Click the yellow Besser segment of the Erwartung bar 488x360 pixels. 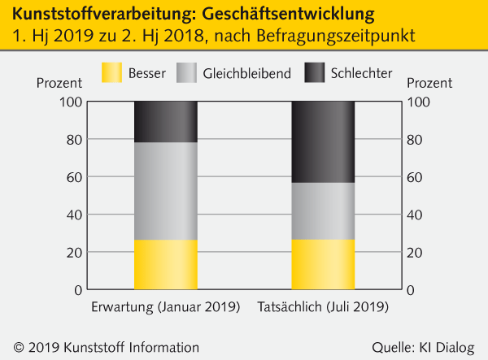click(165, 264)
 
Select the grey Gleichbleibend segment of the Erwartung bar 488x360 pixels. click(165, 191)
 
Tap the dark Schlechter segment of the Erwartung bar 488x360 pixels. click(165, 122)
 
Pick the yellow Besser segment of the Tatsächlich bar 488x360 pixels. click(323, 264)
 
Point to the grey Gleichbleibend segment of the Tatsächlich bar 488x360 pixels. click(323, 211)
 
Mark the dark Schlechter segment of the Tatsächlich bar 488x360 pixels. click(323, 142)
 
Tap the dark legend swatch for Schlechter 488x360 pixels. click(315, 73)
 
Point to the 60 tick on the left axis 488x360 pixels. click(73, 177)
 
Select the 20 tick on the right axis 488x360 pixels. click(415, 252)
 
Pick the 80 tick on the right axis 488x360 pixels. click(415, 140)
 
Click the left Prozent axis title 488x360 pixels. click(59, 82)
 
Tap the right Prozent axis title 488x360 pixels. click(429, 82)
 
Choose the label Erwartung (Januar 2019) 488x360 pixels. click(165, 308)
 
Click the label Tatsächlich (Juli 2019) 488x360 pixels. click(323, 308)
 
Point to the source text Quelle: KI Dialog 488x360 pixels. click(422, 347)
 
